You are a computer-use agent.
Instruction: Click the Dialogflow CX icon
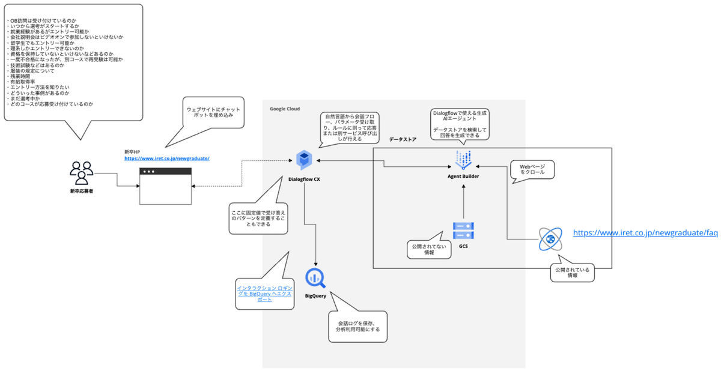pos(305,160)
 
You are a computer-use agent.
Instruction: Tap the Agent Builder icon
pos(464,160)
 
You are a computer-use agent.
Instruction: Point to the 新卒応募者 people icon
pos(82,173)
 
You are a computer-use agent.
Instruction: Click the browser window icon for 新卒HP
pos(165,185)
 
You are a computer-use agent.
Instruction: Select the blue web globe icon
pos(549,238)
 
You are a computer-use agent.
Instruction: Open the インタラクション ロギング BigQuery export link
pos(264,292)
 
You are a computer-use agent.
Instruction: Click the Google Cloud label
pos(285,109)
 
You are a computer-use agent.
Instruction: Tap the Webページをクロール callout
pos(531,170)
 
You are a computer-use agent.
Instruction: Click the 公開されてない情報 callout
pos(429,250)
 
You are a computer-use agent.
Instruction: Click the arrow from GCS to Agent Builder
pos(464,201)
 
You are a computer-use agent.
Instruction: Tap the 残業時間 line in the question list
pos(20,76)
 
